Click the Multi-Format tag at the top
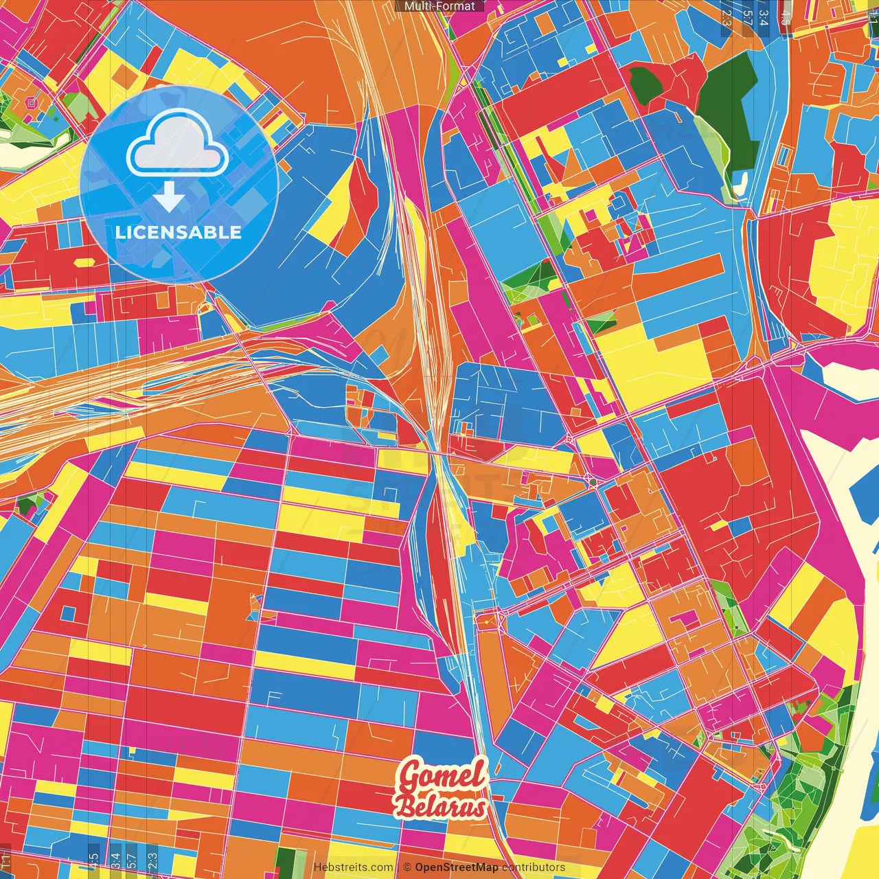click(x=439, y=6)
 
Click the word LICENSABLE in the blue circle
click(x=179, y=232)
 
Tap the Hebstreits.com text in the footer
click(x=353, y=867)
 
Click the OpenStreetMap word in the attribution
click(x=456, y=867)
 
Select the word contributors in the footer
click(x=534, y=867)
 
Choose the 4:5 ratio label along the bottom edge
click(x=93, y=860)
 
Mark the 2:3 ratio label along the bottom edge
click(x=152, y=860)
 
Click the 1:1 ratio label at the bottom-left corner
click(x=5, y=860)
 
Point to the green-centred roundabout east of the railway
click(x=592, y=483)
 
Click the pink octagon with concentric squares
click(x=30, y=103)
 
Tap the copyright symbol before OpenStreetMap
click(x=407, y=867)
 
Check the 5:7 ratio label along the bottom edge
click(x=132, y=860)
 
